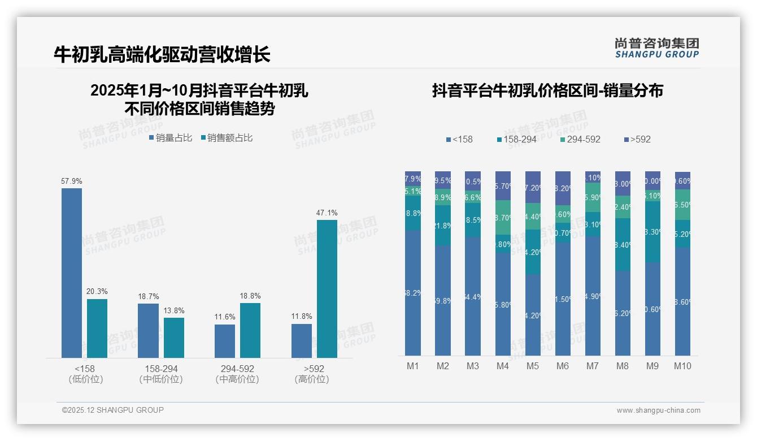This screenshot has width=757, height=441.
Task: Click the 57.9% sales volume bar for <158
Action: pos(72,273)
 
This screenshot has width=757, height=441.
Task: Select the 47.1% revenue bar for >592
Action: pos(327,288)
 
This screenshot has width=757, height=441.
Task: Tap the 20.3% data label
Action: pos(97,291)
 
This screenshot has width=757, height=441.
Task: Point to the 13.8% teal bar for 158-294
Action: pos(174,338)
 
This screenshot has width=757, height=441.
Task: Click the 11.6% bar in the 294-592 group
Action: pos(225,341)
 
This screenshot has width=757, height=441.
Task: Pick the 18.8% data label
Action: pos(250,296)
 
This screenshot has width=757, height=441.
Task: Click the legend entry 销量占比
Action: pos(171,138)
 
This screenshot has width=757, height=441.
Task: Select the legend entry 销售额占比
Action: pos(227,138)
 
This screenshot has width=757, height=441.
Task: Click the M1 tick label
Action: pos(413,366)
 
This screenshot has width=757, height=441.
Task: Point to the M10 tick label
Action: pos(682,366)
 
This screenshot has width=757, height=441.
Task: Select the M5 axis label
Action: pos(533,366)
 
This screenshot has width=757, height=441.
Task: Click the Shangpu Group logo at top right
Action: pos(657,48)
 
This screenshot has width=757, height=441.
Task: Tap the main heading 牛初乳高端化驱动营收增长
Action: pos(162,54)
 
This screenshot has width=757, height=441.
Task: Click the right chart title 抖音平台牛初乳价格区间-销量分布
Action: pos(547,90)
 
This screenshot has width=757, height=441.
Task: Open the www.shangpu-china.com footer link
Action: pos(658,410)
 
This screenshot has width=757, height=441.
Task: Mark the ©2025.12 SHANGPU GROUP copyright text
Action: pos(113,410)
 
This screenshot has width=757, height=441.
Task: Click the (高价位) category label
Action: pos(311,379)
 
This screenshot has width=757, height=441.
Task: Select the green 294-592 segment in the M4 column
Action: pos(503,218)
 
